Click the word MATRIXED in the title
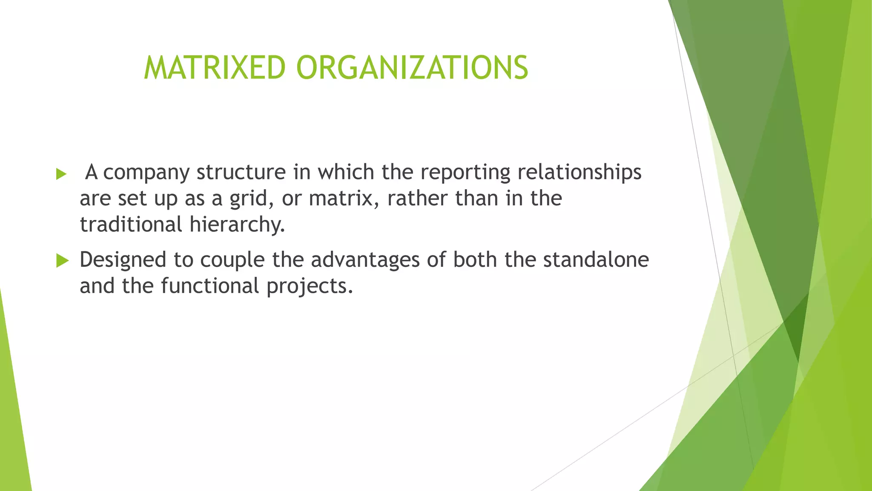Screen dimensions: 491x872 pyautogui.click(x=215, y=68)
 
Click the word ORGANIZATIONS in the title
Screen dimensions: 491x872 pyautogui.click(x=412, y=68)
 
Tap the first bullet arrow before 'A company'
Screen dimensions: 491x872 pyautogui.click(x=61, y=174)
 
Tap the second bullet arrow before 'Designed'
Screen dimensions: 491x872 pyautogui.click(x=62, y=260)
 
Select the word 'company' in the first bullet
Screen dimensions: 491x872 pyautogui.click(x=146, y=173)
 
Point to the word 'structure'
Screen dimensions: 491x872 pyautogui.click(x=241, y=172)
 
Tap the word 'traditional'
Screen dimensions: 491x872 pyautogui.click(x=131, y=225)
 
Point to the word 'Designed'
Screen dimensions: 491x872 pyautogui.click(x=123, y=260)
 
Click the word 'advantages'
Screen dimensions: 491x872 pyautogui.click(x=365, y=260)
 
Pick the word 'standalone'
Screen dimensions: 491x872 pyautogui.click(x=596, y=260)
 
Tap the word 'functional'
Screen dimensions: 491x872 pyautogui.click(x=210, y=286)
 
